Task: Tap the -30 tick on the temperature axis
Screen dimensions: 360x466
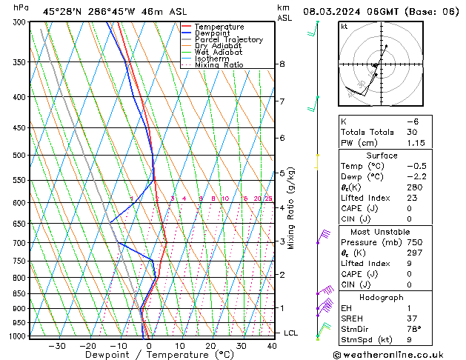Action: [x=56, y=345]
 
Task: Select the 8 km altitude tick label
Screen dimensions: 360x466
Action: [x=282, y=64]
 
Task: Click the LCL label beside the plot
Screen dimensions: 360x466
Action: [x=290, y=333]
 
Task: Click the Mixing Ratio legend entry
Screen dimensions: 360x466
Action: [x=219, y=65]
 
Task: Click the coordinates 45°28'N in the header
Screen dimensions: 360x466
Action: [x=62, y=12]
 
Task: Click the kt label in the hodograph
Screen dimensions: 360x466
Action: [x=344, y=27]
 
